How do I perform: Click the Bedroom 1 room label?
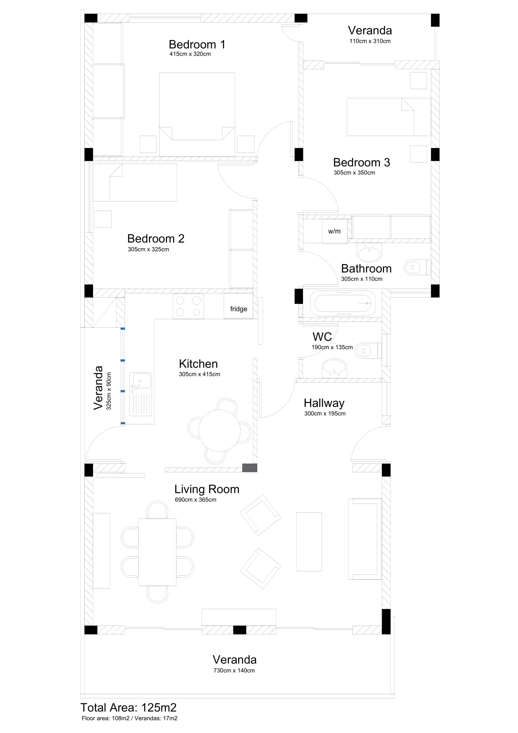(x=197, y=45)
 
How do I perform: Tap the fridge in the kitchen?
(x=238, y=306)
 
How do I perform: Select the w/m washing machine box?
(x=335, y=232)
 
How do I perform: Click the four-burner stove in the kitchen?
(x=188, y=306)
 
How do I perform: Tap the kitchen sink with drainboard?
(x=141, y=394)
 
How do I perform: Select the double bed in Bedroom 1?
(x=197, y=115)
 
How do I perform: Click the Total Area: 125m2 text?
(x=128, y=708)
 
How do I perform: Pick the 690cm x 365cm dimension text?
(x=196, y=500)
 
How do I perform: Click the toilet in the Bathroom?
(x=417, y=267)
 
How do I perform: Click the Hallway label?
(x=324, y=403)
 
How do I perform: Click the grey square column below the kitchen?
(x=249, y=468)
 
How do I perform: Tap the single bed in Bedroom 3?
(x=389, y=117)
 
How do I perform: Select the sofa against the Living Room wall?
(x=365, y=539)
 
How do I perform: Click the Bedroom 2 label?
(x=156, y=238)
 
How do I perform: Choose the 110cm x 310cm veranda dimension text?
(x=370, y=41)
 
